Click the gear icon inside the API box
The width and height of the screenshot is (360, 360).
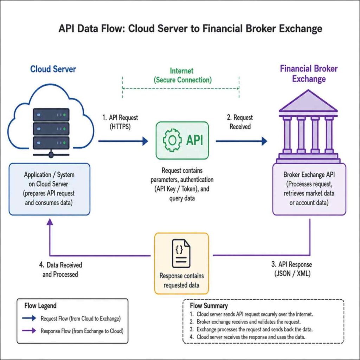tap(172, 140)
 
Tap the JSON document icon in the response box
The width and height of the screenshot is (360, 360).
tap(181, 253)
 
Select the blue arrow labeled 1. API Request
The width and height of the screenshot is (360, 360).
tap(123, 141)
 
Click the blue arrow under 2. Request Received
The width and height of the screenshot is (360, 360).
tap(242, 141)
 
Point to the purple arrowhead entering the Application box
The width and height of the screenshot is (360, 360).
tap(50, 222)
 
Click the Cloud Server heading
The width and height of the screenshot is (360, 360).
tap(53, 69)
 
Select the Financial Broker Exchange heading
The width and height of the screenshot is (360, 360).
tap(309, 74)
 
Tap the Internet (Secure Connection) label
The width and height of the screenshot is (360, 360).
tap(182, 75)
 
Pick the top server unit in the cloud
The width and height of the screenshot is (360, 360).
tap(51, 115)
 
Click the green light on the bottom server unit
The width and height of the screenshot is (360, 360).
tap(64, 143)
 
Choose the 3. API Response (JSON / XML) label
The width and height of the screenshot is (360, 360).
tap(292, 269)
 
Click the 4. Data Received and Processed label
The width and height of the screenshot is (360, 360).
tap(60, 270)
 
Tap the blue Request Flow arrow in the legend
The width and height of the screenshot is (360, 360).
tap(29, 318)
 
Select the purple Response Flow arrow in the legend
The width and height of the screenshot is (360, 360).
tap(29, 330)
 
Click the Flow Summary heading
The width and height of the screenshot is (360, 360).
tap(209, 306)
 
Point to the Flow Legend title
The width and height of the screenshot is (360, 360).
tap(40, 306)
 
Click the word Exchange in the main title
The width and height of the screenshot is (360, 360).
tap(301, 29)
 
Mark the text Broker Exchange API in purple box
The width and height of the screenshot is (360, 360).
tap(309, 175)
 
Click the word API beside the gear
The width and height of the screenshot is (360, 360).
tap(194, 140)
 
